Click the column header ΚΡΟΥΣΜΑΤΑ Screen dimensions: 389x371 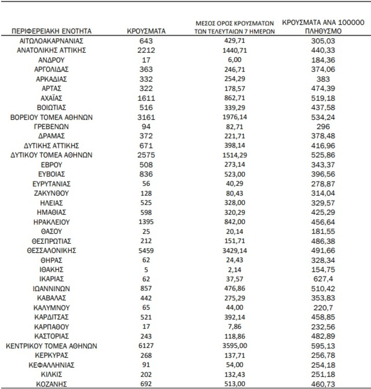tap(146, 31)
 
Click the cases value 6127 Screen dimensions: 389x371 tap(146, 346)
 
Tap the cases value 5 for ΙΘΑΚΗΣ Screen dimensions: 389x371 tap(146, 269)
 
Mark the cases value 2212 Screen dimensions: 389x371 tap(146, 50)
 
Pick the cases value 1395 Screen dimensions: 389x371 tap(146, 222)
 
